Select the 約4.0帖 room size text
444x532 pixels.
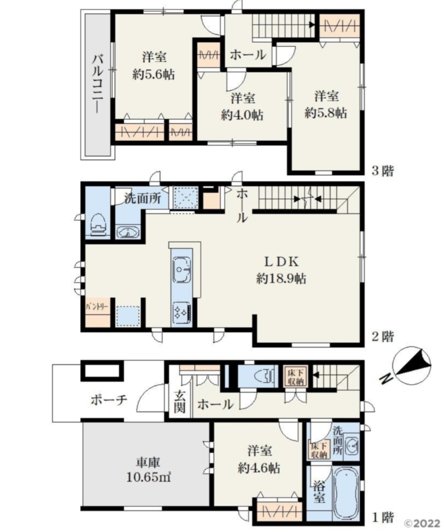tap(242, 115)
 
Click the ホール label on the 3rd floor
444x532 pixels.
tap(247, 55)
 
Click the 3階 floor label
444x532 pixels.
tap(382, 171)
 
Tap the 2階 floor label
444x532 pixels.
tap(382, 336)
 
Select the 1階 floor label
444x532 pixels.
tap(382, 517)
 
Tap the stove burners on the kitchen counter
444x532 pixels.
tap(182, 313)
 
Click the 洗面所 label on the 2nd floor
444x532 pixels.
tap(142, 198)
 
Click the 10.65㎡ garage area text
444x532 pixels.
tap(148, 477)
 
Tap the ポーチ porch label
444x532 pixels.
tap(109, 400)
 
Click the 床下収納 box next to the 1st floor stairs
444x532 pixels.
tap(295, 376)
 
